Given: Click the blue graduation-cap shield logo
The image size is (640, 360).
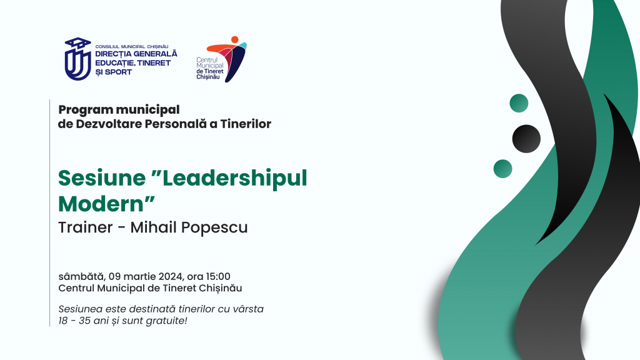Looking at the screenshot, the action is (77, 59).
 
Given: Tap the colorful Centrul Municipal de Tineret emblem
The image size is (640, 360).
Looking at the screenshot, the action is (227, 59).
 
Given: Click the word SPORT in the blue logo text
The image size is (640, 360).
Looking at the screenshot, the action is (118, 72).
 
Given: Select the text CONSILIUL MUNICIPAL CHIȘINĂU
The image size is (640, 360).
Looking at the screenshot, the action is (131, 46).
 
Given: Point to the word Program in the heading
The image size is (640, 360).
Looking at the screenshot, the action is (85, 110).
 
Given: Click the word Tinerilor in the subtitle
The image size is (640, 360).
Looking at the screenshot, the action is (246, 124).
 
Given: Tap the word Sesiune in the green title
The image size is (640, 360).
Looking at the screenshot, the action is (102, 178).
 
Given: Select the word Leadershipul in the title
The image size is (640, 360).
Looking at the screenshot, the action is (235, 179).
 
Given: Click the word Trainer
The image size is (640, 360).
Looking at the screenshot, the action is (85, 227).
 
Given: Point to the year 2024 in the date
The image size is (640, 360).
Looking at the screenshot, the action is (171, 277).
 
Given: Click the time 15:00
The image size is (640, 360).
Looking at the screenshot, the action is (217, 277).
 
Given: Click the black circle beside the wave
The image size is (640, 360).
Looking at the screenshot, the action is (526, 139).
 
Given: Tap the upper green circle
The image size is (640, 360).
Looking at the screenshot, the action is (519, 103).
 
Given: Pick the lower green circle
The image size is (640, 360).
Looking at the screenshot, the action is (503, 169).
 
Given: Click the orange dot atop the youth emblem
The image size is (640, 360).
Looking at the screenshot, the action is (235, 39).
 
